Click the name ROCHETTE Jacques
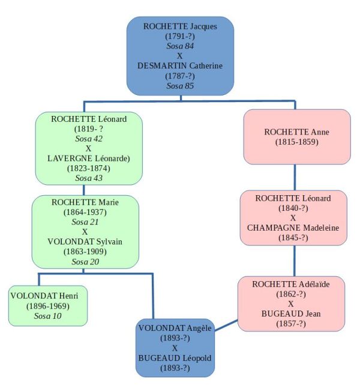tap(180, 26)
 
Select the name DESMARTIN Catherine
tap(180, 65)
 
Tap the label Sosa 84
tap(180, 46)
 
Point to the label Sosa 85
tap(180, 85)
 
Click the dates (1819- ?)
tap(89, 129)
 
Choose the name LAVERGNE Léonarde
tap(89, 158)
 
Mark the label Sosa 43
tap(89, 178)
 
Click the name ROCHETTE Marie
tap(85, 202)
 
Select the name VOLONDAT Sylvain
tap(85, 241)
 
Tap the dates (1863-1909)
tap(85, 252)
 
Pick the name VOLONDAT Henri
tap(49, 296)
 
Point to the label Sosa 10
tap(49, 315)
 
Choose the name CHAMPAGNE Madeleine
tap(293, 228)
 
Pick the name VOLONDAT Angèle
tap(175, 329)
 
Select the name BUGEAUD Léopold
tap(175, 358)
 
